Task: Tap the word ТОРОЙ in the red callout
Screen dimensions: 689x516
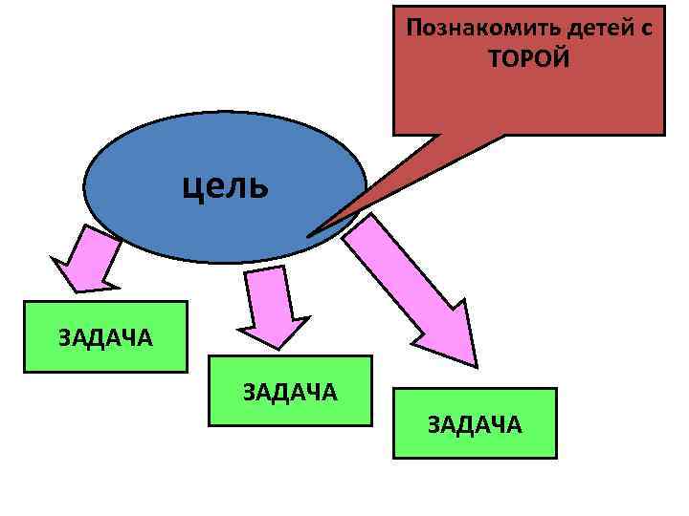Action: pyautogui.click(x=528, y=59)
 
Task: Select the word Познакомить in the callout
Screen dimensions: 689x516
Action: pyautogui.click(x=469, y=27)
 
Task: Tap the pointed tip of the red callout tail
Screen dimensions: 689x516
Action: pyautogui.click(x=309, y=235)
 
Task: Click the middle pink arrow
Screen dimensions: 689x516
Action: pyautogui.click(x=271, y=306)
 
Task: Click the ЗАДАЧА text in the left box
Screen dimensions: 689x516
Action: pyautogui.click(x=105, y=336)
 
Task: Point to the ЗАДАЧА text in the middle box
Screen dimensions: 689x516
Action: pyautogui.click(x=290, y=391)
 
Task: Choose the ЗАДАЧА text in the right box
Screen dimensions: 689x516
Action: pyautogui.click(x=475, y=424)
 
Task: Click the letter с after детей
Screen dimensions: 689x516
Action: pyautogui.click(x=647, y=28)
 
